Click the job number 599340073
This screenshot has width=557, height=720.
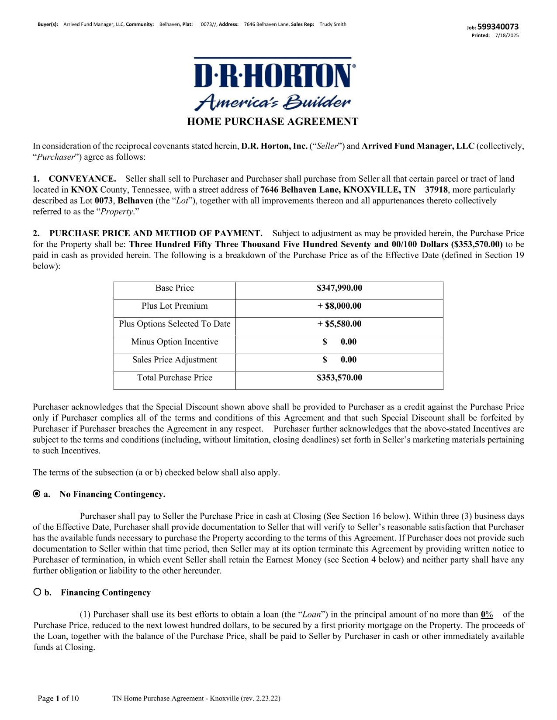click(498, 27)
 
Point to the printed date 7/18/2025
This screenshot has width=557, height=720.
click(507, 35)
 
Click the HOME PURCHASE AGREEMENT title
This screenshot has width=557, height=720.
click(273, 121)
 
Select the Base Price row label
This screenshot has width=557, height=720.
click(174, 288)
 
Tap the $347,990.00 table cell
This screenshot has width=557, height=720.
click(339, 288)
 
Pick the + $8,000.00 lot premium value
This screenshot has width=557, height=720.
click(339, 306)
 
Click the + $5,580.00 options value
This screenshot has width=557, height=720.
click(339, 324)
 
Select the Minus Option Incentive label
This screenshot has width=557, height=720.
click(174, 342)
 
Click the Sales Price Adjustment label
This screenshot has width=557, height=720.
click(174, 360)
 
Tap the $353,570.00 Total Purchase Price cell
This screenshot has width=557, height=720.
click(339, 378)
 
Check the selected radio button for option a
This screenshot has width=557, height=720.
click(37, 494)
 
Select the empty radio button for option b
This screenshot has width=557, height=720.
click(37, 593)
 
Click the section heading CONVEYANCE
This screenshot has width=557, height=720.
click(82, 179)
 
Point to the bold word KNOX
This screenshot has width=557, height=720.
click(84, 190)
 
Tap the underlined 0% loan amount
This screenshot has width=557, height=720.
click(487, 615)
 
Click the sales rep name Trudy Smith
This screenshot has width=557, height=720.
click(333, 24)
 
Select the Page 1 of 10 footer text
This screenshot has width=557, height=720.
click(58, 699)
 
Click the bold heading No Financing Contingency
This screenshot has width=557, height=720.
click(112, 494)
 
